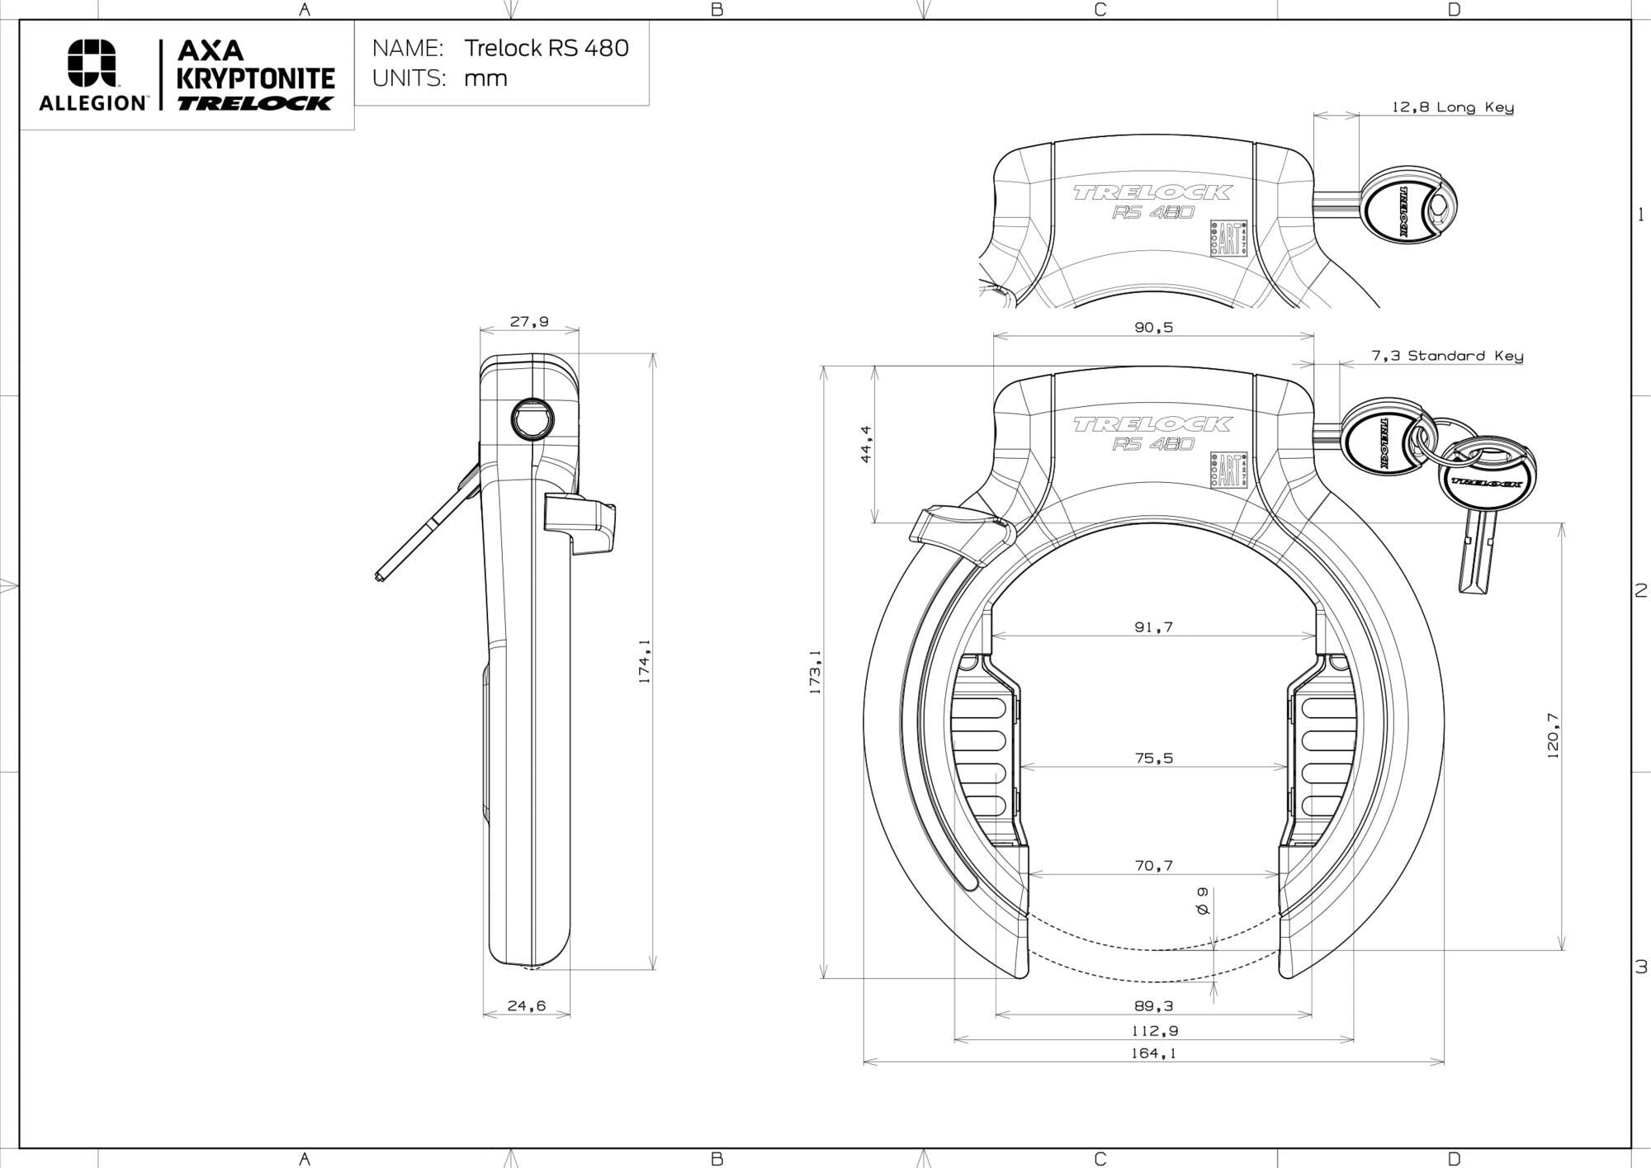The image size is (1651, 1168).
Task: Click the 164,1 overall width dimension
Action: pyautogui.click(x=1153, y=1053)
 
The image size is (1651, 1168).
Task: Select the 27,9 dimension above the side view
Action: pyautogui.click(x=529, y=322)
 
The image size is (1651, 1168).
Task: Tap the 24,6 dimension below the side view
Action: pyautogui.click(x=527, y=1006)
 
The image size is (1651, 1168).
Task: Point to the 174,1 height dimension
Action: pyautogui.click(x=645, y=660)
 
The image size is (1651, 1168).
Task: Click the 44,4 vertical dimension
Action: pyautogui.click(x=866, y=444)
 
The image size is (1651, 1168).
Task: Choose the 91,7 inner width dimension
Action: pyautogui.click(x=1153, y=627)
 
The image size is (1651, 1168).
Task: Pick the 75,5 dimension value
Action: pyautogui.click(x=1153, y=758)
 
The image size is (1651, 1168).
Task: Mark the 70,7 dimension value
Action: pyautogui.click(x=1153, y=866)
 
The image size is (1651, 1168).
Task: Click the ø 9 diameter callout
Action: pyautogui.click(x=1203, y=901)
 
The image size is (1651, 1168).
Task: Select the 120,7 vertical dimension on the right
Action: pyautogui.click(x=1553, y=735)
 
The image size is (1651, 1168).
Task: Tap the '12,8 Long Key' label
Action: pyautogui.click(x=1452, y=107)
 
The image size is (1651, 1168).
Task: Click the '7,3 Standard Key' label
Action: pyautogui.click(x=1446, y=356)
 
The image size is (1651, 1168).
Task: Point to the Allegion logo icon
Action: pyautogui.click(x=92, y=63)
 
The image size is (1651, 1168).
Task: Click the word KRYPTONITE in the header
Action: pyautogui.click(x=256, y=79)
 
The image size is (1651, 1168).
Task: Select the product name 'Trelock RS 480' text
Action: pyautogui.click(x=546, y=48)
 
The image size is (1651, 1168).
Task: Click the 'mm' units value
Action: pyautogui.click(x=485, y=78)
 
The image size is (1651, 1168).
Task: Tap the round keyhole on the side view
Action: pyautogui.click(x=532, y=420)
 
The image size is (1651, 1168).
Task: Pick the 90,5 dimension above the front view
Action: pyautogui.click(x=1153, y=328)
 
